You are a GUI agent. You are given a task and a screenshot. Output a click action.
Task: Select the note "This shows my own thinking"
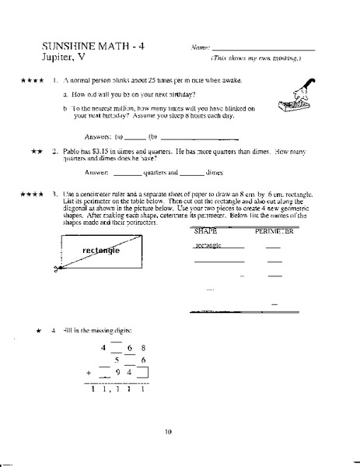pos(256,59)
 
